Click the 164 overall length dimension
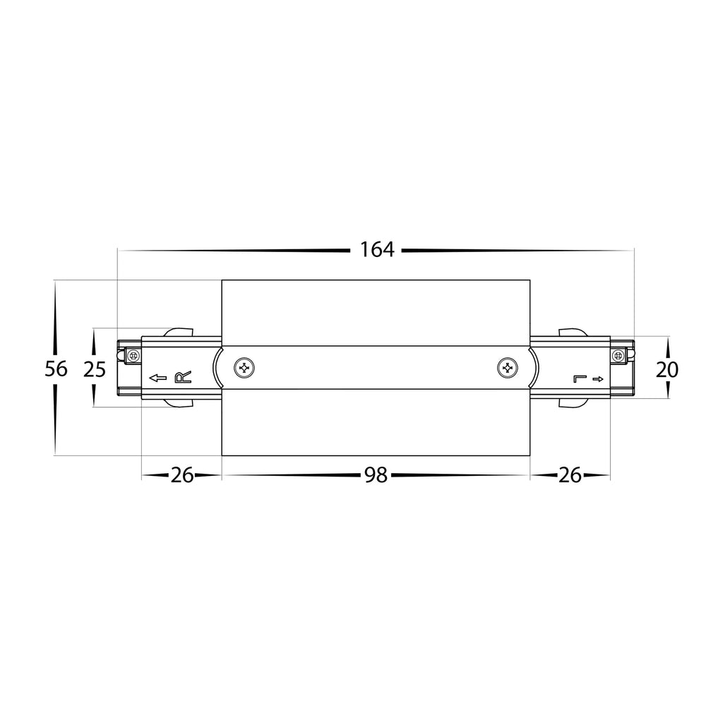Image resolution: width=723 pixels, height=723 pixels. click(377, 249)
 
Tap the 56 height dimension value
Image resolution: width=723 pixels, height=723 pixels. click(56, 369)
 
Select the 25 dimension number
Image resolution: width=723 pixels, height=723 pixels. click(95, 369)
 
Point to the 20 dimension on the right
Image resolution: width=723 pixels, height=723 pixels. click(667, 369)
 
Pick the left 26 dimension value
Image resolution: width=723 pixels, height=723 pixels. click(181, 475)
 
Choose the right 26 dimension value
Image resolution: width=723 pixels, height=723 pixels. click(570, 475)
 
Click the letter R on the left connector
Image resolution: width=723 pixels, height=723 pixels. click(183, 378)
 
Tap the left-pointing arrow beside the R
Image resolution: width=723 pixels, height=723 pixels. click(157, 378)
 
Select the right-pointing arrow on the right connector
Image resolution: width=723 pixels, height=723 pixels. click(598, 379)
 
